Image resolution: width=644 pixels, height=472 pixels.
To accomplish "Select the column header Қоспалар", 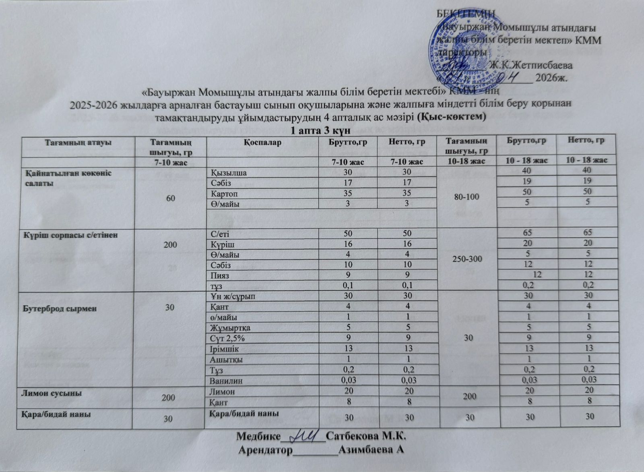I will [x=262, y=143].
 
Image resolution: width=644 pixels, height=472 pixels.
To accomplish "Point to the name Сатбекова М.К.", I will [x=366, y=436].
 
